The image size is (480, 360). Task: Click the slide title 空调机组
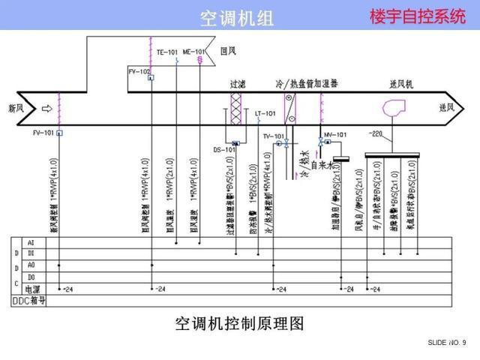pyautogui.click(x=237, y=17)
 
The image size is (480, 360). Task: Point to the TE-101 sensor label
pyautogui.click(x=167, y=52)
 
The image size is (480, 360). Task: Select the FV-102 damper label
pyautogui.click(x=139, y=71)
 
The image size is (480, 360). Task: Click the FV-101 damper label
pyautogui.click(x=43, y=133)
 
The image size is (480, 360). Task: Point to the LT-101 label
pyautogui.click(x=265, y=114)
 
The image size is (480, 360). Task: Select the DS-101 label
pyautogui.click(x=224, y=150)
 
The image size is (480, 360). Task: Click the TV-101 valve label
pyautogui.click(x=273, y=136)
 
